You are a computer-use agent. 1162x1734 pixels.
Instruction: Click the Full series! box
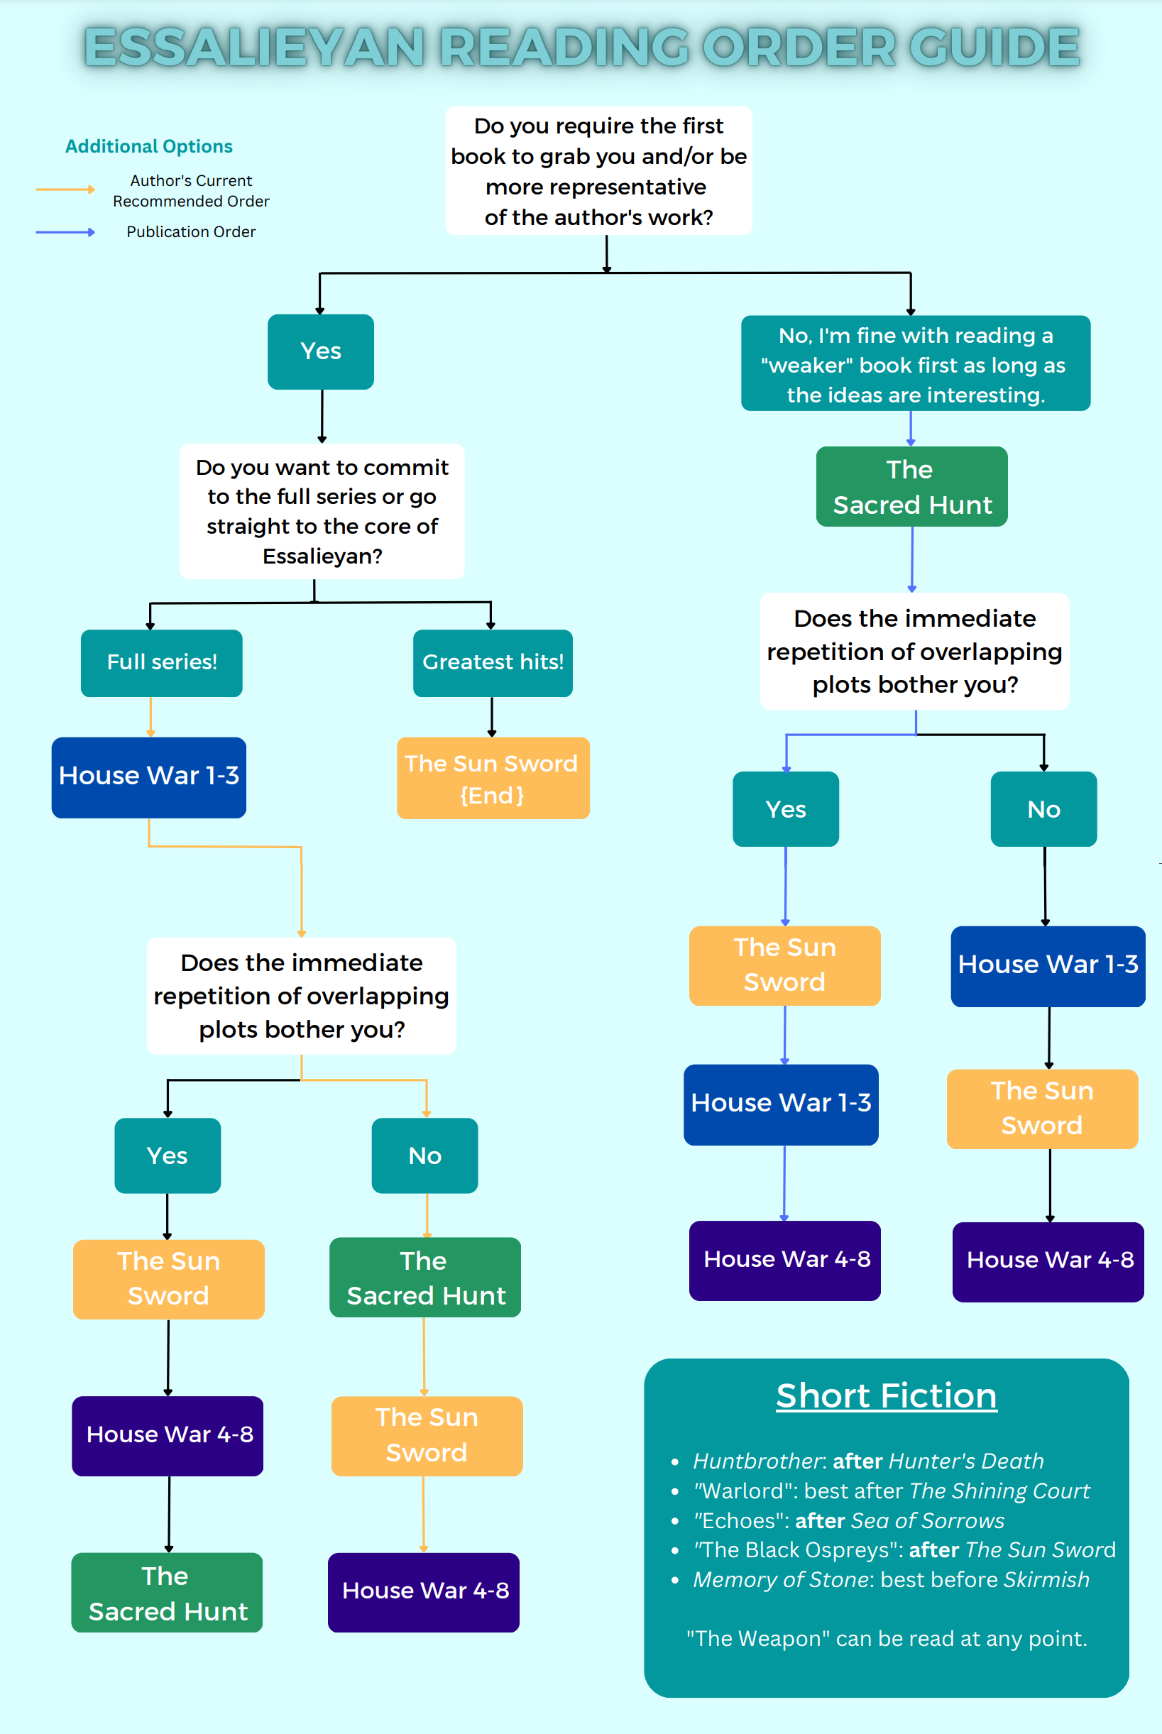pyautogui.click(x=162, y=662)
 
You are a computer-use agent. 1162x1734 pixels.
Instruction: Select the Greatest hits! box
pyautogui.click(x=493, y=662)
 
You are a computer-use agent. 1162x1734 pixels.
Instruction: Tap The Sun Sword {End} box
pyautogui.click(x=493, y=778)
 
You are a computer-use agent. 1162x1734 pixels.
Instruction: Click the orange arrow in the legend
pyautogui.click(x=65, y=190)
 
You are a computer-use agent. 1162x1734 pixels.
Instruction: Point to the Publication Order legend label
pyautogui.click(x=190, y=232)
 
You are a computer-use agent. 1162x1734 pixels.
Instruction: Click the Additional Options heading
pyautogui.click(x=149, y=147)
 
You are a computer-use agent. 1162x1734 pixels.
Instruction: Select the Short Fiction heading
pyautogui.click(x=887, y=1396)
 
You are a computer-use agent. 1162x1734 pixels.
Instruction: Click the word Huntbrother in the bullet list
pyautogui.click(x=757, y=1461)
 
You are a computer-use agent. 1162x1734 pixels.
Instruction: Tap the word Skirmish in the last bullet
pyautogui.click(x=1046, y=1580)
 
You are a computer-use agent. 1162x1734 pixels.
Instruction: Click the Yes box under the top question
pyautogui.click(x=320, y=352)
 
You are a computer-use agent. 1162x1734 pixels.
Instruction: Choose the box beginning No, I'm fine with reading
pyautogui.click(x=915, y=364)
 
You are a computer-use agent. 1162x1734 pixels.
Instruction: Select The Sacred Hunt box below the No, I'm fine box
pyautogui.click(x=911, y=487)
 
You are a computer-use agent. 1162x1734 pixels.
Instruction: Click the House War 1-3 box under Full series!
pyautogui.click(x=149, y=777)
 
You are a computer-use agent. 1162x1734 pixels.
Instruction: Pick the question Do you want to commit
pyautogui.click(x=322, y=511)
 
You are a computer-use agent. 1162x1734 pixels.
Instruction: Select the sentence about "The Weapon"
pyautogui.click(x=887, y=1638)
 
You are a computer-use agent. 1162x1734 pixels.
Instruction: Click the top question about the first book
pyautogui.click(x=599, y=171)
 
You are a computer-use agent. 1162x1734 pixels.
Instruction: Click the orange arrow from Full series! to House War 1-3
pyautogui.click(x=150, y=717)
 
